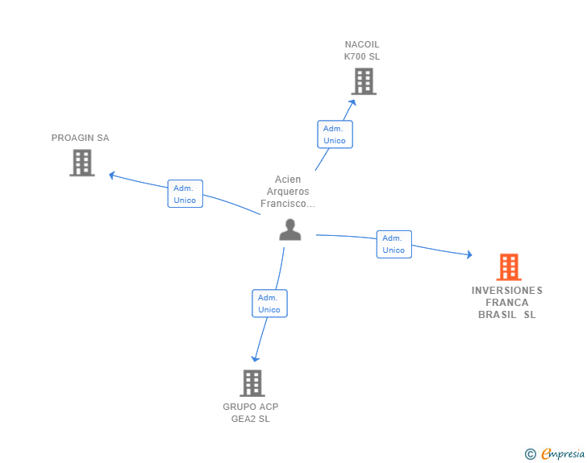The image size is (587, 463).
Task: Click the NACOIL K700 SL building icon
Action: pos(364,81)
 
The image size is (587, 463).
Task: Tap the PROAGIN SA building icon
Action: pos(82,163)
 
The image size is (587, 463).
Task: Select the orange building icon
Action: pos(509,267)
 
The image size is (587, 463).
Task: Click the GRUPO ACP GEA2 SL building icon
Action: pos(252,383)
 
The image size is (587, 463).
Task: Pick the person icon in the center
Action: pos(290,229)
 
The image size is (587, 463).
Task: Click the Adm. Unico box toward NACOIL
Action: pos(335,134)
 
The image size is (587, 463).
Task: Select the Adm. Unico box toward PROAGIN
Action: pos(185,194)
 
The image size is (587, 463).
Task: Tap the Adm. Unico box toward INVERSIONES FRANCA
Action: pos(394,244)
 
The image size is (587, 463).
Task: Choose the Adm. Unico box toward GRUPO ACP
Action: pos(269,304)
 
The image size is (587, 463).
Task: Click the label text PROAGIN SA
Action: pos(80,138)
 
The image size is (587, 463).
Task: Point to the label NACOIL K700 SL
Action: pos(362,51)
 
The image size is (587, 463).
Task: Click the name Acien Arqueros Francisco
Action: pos(288,192)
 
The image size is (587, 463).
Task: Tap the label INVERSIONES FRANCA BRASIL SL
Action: pos(507,303)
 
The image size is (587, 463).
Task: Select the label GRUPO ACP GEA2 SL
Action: pos(251,412)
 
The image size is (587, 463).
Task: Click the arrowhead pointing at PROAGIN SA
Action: pos(111,175)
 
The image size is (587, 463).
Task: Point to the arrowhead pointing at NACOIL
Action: pos(352,102)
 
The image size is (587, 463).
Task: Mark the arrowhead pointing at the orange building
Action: pos(469,254)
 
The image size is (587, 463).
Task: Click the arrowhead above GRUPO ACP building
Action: pos(256,359)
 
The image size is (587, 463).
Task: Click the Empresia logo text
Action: pos(563,453)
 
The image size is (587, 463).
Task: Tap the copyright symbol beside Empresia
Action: pos(531,454)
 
